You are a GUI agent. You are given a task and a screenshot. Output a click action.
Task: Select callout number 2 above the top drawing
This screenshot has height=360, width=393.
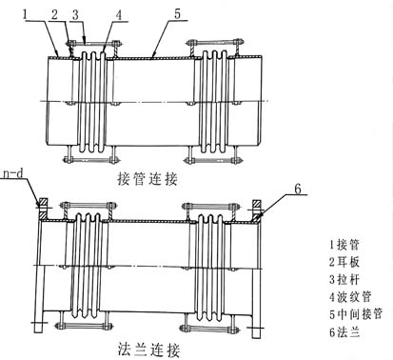click(55, 14)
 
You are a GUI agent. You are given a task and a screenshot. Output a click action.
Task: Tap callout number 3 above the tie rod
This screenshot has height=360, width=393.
click(75, 15)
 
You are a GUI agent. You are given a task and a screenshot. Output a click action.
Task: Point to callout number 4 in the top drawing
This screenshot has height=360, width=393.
click(118, 15)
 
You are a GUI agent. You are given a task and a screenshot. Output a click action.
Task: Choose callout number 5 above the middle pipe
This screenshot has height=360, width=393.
click(177, 14)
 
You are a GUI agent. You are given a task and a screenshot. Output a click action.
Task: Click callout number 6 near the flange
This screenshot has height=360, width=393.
click(297, 189)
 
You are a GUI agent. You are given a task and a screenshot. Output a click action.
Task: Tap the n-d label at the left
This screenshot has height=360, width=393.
click(13, 174)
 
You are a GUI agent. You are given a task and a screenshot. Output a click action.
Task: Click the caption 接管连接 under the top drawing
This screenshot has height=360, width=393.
click(147, 179)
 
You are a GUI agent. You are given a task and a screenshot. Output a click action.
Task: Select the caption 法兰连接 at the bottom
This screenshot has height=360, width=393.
click(148, 350)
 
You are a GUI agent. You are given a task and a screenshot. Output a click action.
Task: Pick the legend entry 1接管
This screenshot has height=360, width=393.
click(344, 245)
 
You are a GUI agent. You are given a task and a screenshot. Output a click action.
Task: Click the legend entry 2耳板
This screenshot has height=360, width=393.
click(344, 262)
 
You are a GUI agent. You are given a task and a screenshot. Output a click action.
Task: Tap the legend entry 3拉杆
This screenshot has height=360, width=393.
click(344, 279)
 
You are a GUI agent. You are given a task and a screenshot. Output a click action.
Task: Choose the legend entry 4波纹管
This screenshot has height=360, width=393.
click(350, 297)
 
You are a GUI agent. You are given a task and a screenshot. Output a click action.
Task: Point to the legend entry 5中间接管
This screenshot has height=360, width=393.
click(356, 314)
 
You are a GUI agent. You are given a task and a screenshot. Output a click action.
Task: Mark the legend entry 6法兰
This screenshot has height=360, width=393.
click(344, 332)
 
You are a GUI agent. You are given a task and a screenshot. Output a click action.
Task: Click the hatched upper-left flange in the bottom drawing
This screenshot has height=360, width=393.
click(43, 210)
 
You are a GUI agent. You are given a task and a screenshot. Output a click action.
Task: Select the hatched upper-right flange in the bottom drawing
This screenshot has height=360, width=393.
click(257, 210)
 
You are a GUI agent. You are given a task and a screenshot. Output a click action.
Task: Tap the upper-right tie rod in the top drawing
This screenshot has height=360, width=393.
click(215, 42)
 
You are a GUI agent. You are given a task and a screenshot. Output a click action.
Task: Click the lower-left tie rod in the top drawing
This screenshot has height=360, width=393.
click(90, 159)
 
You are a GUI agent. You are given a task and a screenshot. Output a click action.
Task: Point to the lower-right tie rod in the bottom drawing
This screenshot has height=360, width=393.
click(208, 329)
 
